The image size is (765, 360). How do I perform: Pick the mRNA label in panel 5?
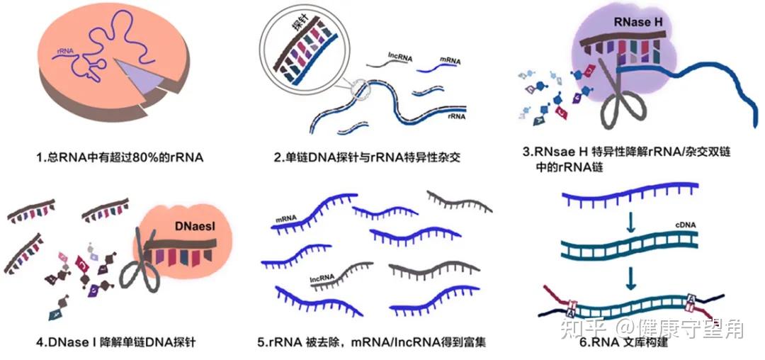coord(287,220)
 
